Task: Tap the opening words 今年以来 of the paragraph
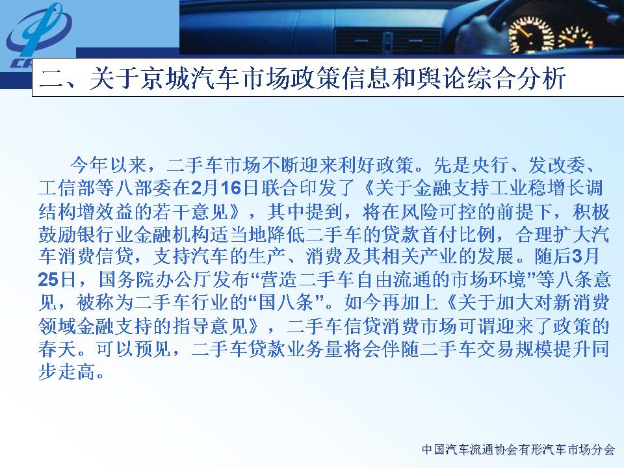point(109,164)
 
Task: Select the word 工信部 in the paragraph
point(67,188)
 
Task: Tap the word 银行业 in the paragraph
point(105,235)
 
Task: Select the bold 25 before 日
point(49,279)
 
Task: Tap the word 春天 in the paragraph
point(57,349)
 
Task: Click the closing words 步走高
point(67,372)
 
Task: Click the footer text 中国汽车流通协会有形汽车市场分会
point(519,449)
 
